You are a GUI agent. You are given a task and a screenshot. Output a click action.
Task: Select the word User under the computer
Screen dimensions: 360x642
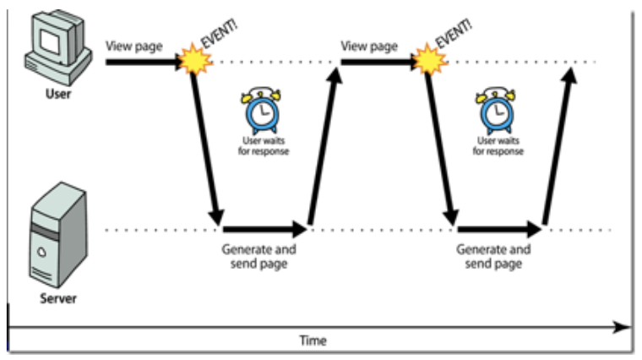click(x=57, y=94)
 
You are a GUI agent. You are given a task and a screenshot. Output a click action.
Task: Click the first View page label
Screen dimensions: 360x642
click(x=133, y=46)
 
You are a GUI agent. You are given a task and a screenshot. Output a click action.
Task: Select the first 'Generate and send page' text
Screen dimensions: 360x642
click(x=259, y=257)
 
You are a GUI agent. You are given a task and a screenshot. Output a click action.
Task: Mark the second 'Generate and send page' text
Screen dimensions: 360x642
click(x=493, y=257)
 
